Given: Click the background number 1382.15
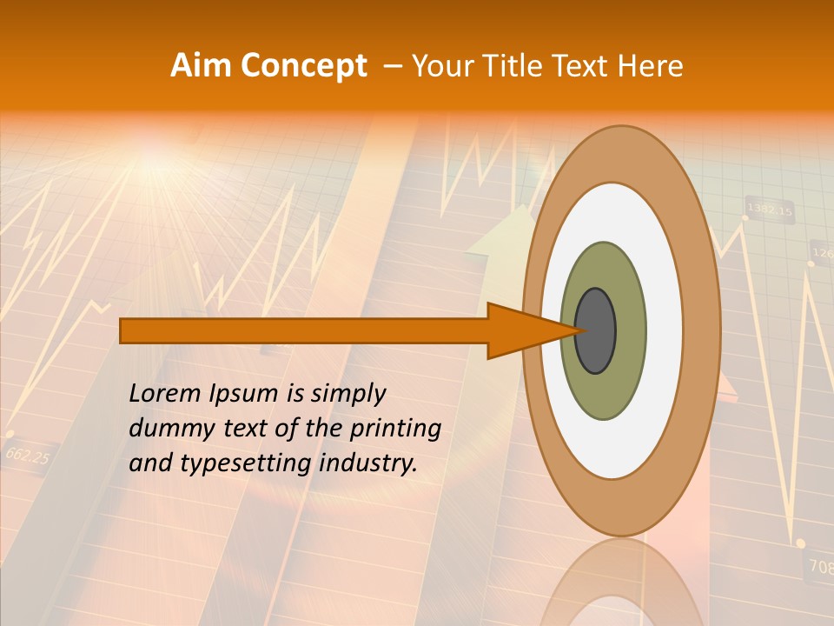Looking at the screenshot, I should (769, 210).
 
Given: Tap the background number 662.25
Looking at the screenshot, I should (27, 455).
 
